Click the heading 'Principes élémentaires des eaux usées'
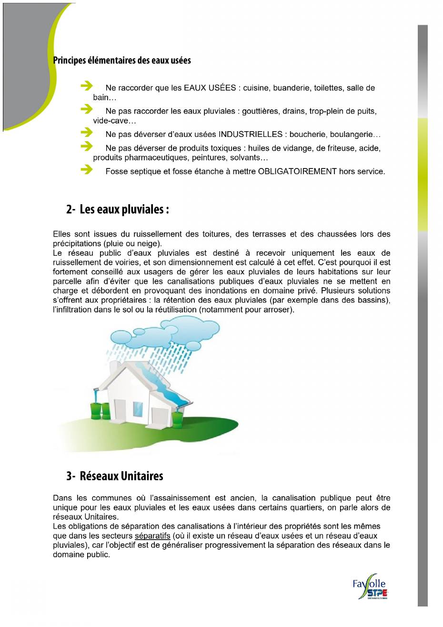tap(122, 61)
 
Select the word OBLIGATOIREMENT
tap(297, 171)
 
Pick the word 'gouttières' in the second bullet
tap(260, 111)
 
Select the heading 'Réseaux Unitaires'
tap(121, 476)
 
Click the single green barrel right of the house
tap(177, 418)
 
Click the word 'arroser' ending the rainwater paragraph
tap(276, 310)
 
